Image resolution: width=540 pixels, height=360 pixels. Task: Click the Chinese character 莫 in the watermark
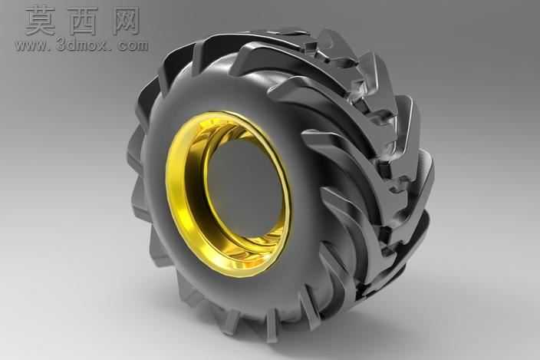pos(40,21)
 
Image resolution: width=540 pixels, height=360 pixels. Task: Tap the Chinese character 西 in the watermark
pos(84,21)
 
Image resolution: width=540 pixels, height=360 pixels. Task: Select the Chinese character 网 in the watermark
pos(126,21)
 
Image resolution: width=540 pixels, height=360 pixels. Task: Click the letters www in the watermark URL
pos(31,46)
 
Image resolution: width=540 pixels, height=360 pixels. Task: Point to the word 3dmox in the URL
pos(81,45)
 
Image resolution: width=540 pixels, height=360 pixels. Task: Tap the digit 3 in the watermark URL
pos(61,45)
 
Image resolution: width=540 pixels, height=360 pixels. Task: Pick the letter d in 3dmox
pos(71,45)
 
